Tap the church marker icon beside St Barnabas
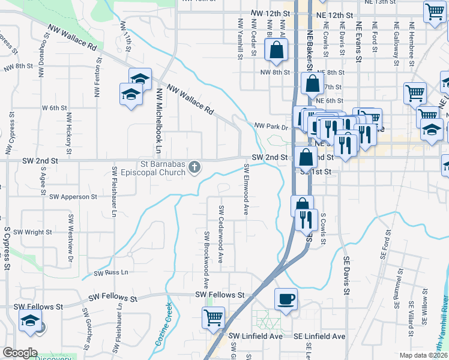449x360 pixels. (x=194, y=167)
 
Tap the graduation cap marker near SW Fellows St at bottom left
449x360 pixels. (x=30, y=322)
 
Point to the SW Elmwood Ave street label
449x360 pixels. (x=247, y=188)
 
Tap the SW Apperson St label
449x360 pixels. (x=73, y=196)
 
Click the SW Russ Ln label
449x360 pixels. (x=112, y=272)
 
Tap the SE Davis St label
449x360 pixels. (x=346, y=276)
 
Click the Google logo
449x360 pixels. (x=20, y=353)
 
